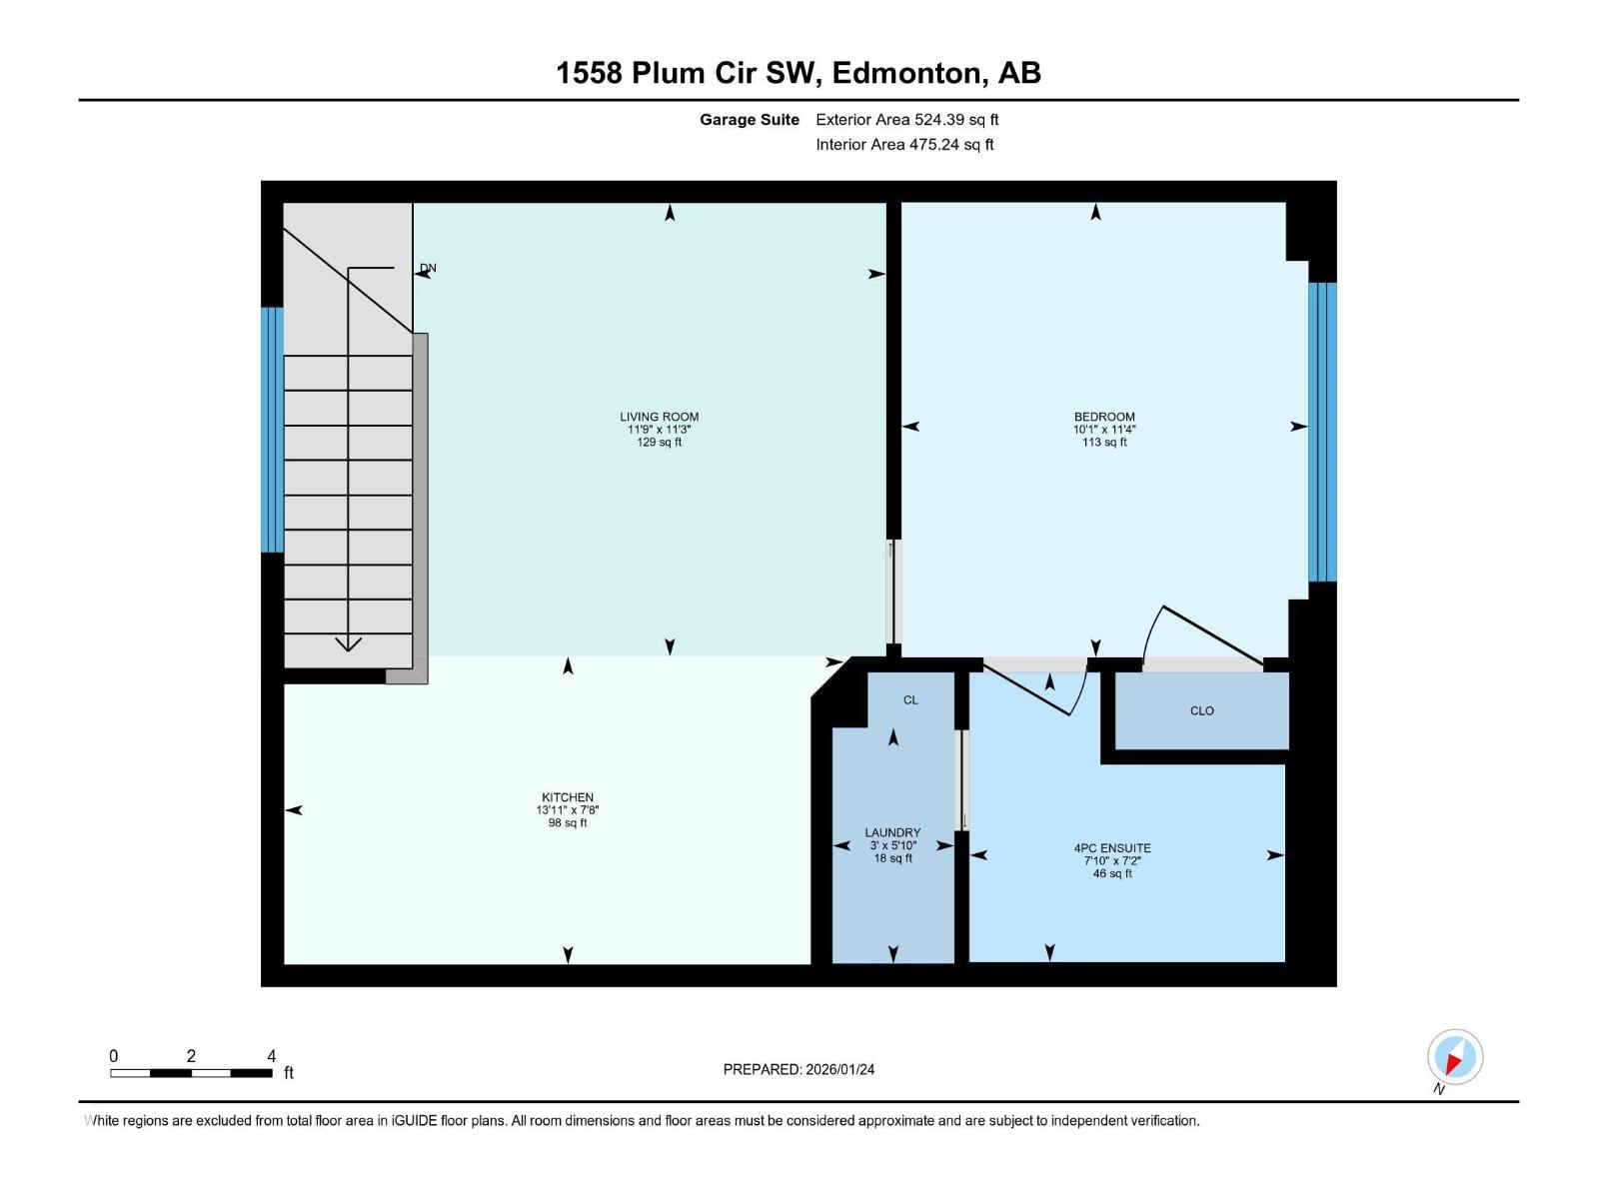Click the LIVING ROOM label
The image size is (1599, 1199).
tap(659, 417)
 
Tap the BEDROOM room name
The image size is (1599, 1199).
tap(1104, 417)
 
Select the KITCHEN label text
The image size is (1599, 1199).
tap(567, 797)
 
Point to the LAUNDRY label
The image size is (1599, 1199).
tap(892, 832)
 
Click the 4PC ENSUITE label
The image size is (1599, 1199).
tap(1112, 848)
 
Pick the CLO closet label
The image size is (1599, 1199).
tap(1201, 711)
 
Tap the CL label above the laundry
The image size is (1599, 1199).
tap(910, 700)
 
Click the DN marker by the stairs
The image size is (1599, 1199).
tap(429, 268)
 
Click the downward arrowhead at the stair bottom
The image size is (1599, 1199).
tap(348, 643)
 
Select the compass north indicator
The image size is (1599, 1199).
tap(1454, 1057)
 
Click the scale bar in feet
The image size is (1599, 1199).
tap(191, 1072)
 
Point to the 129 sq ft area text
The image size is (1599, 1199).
tap(659, 443)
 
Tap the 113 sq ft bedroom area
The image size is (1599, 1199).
tap(1104, 443)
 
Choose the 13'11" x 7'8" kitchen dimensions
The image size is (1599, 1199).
tap(567, 810)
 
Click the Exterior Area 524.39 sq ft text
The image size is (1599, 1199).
tap(906, 120)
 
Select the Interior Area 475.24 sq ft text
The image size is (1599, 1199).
tap(904, 145)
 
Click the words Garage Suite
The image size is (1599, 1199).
tap(749, 120)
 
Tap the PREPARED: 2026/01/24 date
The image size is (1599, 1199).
tap(799, 1069)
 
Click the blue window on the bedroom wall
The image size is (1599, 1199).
tap(1322, 432)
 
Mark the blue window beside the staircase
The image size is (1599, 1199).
tap(272, 430)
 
